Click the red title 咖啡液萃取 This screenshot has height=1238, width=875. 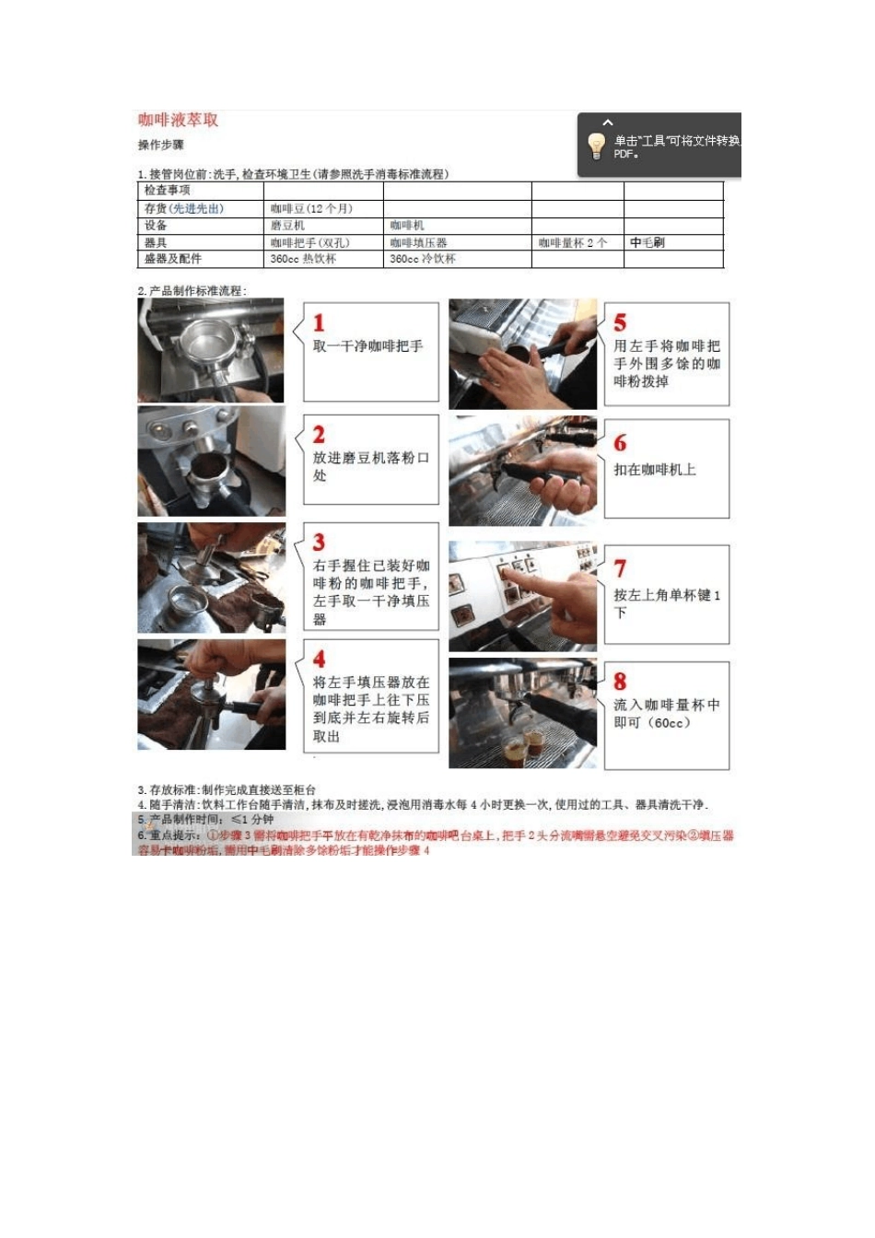click(179, 120)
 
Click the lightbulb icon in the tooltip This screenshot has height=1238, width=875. click(596, 145)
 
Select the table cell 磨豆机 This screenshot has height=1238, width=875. click(287, 226)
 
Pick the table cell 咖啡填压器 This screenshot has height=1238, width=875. click(418, 243)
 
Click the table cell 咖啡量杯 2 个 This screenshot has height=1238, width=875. click(572, 243)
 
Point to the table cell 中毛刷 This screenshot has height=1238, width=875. click(647, 243)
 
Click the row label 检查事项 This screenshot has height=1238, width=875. click(167, 191)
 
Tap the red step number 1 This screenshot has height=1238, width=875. click(319, 323)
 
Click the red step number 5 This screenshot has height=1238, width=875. click(620, 323)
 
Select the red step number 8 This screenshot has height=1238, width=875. click(620, 682)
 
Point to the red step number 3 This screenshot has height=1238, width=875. click(319, 543)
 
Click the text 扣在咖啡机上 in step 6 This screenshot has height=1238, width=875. click(655, 470)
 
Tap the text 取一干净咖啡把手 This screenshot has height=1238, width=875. click(367, 346)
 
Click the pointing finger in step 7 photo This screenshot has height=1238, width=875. click(553, 590)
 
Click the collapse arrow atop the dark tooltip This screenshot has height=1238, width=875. click(608, 123)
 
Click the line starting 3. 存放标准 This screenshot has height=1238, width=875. click(227, 790)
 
